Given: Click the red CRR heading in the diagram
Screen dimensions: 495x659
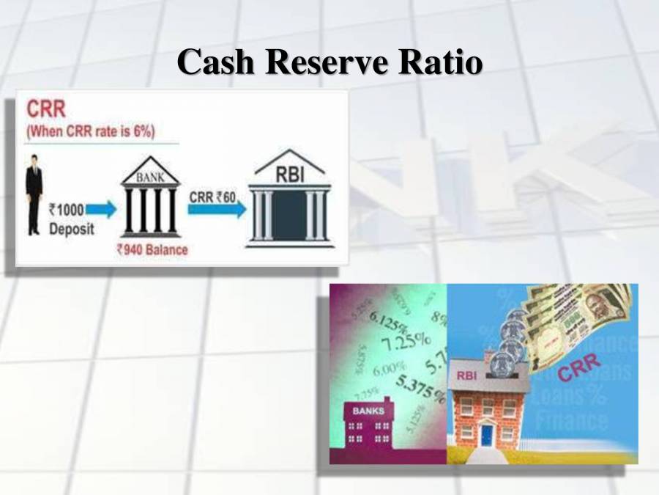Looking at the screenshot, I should click(x=46, y=110).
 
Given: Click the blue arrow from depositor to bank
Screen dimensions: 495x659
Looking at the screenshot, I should click(x=105, y=210).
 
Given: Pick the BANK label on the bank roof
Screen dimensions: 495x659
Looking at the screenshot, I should click(x=149, y=177).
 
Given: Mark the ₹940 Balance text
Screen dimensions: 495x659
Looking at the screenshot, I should click(x=152, y=250).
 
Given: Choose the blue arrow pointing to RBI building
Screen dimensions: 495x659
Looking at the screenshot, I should click(x=217, y=210).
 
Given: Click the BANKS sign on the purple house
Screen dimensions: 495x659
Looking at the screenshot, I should click(x=368, y=411).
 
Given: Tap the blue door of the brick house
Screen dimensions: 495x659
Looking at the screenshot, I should click(x=487, y=436).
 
